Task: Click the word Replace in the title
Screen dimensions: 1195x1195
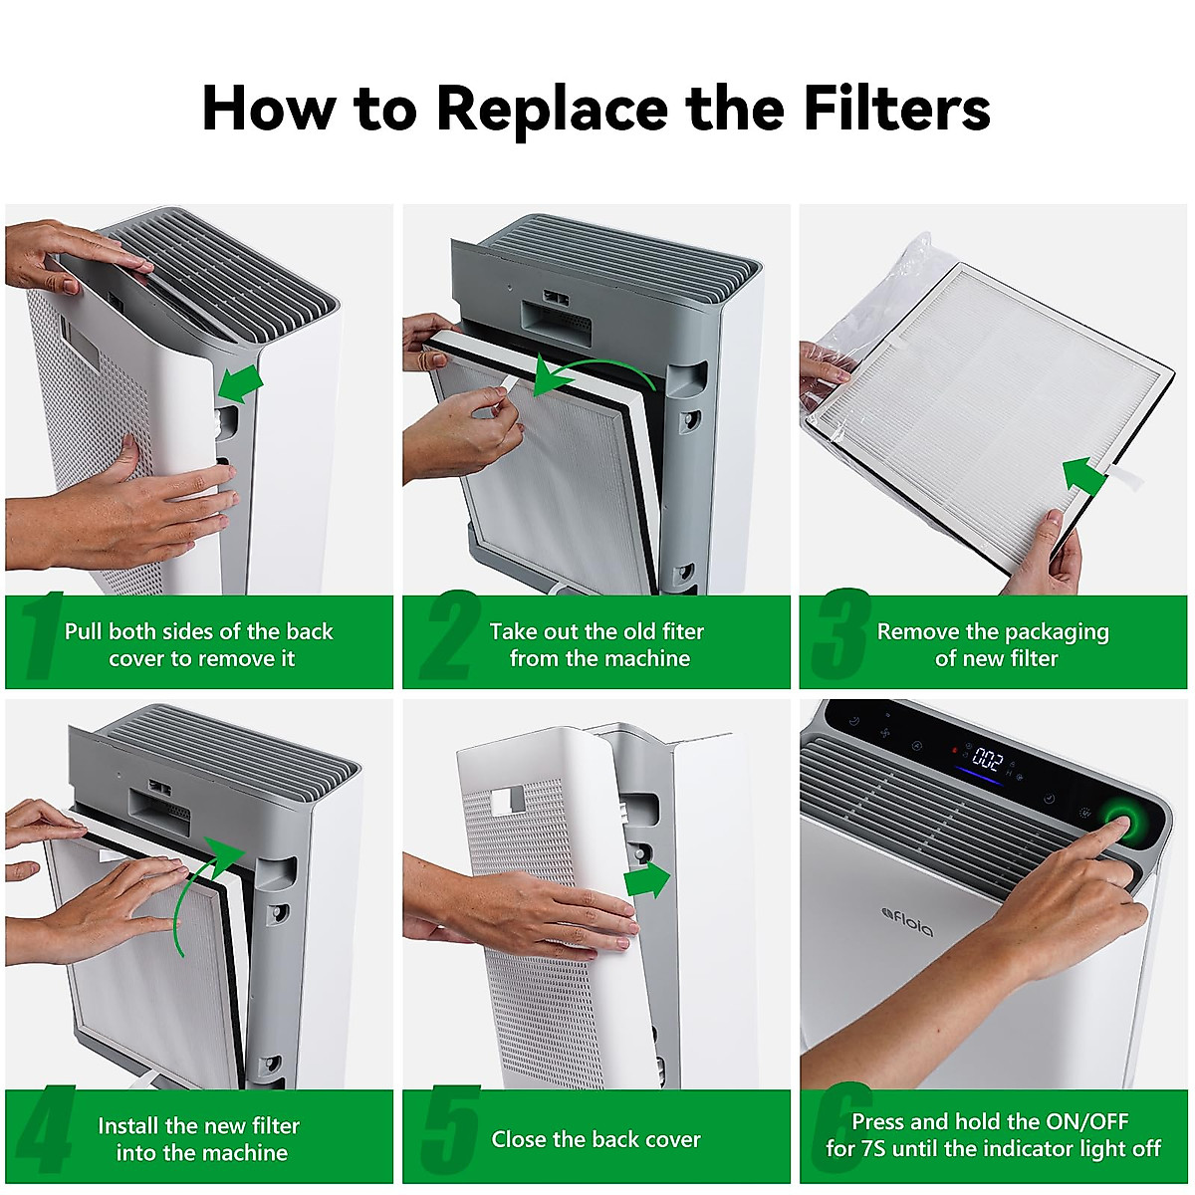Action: (552, 111)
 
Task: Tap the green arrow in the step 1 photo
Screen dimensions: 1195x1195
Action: (241, 383)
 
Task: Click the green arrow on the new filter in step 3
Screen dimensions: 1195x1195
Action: (1084, 477)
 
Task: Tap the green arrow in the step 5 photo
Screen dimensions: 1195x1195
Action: (647, 880)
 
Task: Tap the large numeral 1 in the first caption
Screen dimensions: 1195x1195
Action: (42, 635)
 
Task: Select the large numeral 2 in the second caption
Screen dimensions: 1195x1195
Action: (449, 635)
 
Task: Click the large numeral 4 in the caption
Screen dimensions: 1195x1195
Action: (45, 1129)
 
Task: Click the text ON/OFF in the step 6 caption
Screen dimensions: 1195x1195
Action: (1087, 1121)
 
